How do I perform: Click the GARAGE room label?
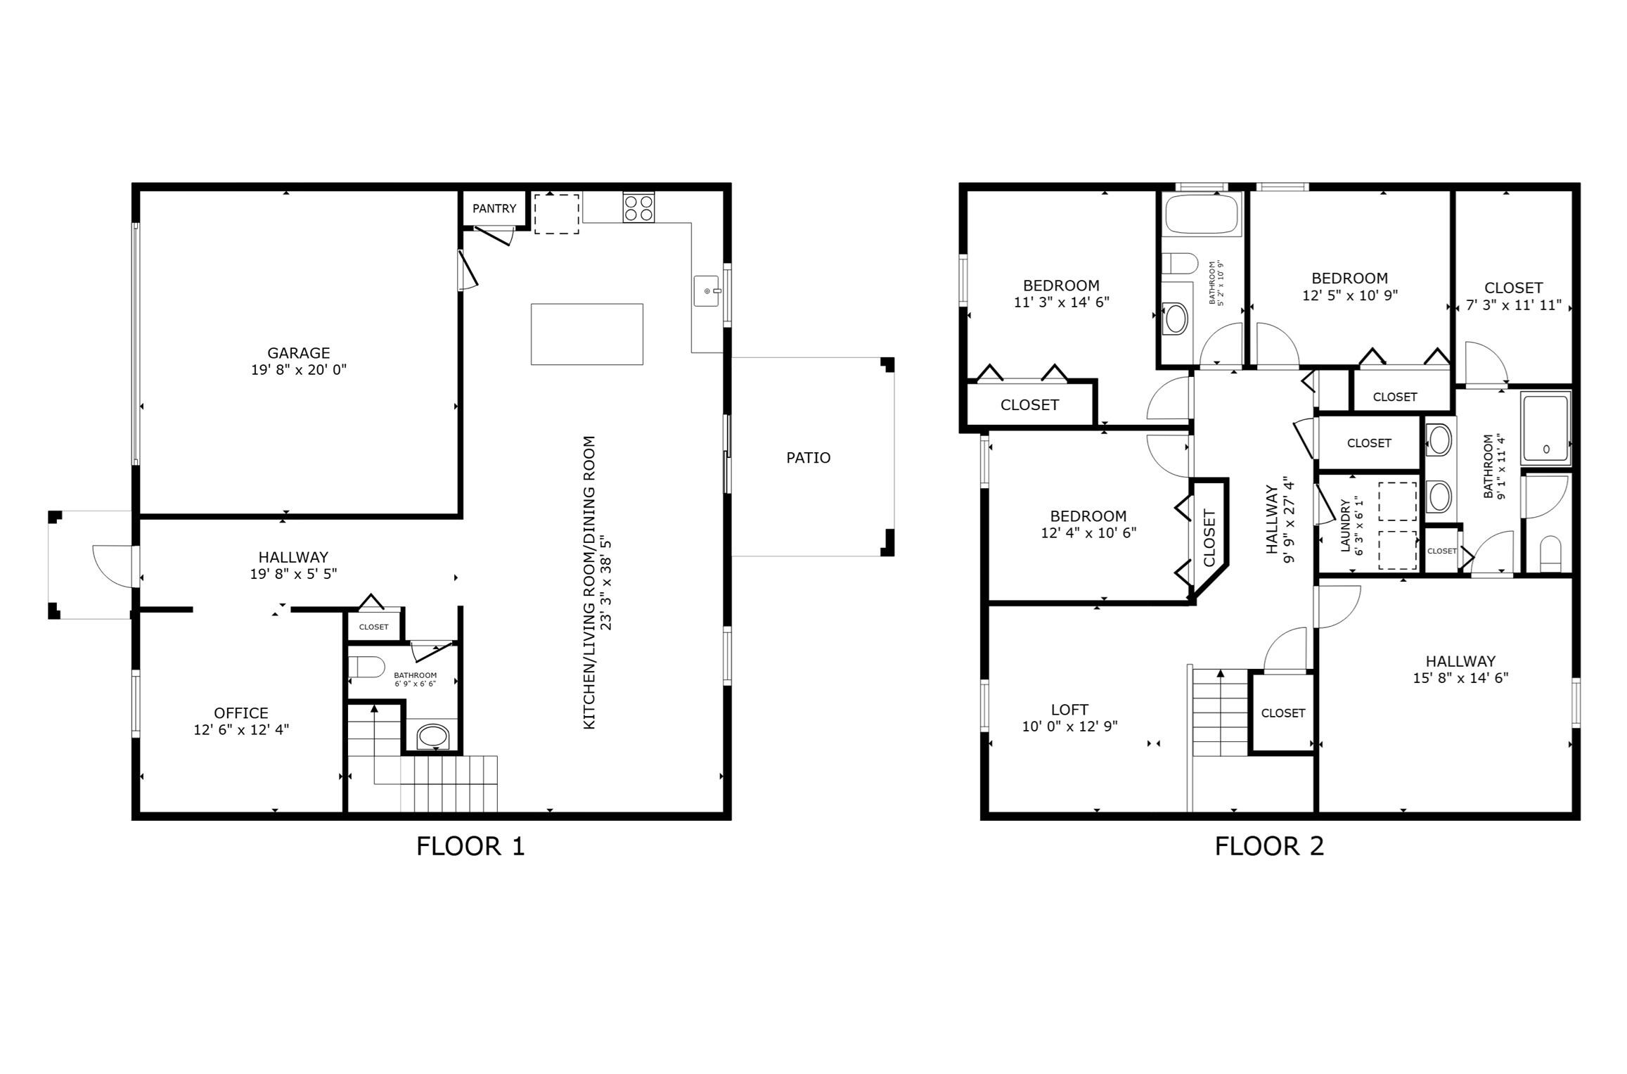coord(298,353)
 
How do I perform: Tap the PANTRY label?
coord(494,208)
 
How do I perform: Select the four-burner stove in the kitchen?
coord(638,207)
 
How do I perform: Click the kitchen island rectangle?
coord(586,334)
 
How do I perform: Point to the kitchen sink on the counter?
coord(707,291)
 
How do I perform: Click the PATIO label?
coord(808,458)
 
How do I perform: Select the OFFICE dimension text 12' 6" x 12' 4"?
coord(241,730)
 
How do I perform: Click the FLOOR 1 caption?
coord(470,846)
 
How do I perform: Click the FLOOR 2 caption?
coord(1269,846)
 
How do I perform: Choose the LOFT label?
coord(1069,710)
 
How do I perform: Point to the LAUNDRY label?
coord(1345,526)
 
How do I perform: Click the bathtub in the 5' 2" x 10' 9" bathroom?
coord(1202,215)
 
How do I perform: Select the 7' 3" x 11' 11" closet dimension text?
coord(1513,305)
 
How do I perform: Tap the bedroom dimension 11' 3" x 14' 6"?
coord(1061,302)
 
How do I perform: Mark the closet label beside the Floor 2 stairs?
coord(1282,713)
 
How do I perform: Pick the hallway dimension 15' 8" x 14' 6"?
coord(1460,678)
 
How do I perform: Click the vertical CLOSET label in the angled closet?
coord(1209,537)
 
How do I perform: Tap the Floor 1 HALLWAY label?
coord(293,557)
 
